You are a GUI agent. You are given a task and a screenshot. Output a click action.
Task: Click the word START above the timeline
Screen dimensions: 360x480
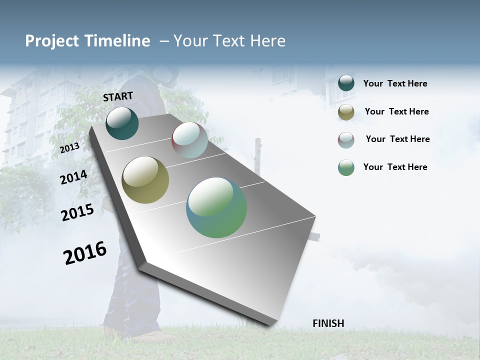click(118, 96)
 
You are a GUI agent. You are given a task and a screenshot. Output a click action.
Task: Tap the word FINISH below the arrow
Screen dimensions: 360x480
click(328, 323)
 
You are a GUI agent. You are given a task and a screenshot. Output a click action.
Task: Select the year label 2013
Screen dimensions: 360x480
click(70, 148)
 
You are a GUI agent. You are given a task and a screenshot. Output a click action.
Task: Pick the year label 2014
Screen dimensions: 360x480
click(73, 177)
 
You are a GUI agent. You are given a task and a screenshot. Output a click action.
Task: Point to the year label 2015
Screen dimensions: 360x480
click(77, 212)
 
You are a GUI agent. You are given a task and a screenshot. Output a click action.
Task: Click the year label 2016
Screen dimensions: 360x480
click(85, 253)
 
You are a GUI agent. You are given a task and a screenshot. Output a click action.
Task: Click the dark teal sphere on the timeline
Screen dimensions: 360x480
click(122, 123)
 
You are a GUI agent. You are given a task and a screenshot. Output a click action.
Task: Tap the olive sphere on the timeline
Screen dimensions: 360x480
click(145, 180)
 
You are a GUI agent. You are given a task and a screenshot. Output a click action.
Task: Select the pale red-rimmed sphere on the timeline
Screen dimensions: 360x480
click(189, 140)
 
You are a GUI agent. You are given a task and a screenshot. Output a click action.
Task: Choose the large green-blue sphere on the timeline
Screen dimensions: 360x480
click(216, 207)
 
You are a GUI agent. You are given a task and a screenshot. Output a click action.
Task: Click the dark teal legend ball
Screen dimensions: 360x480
click(346, 83)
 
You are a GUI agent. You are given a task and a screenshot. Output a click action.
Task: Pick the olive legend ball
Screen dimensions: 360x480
click(346, 112)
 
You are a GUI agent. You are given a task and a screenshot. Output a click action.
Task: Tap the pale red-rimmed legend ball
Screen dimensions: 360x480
click(346, 140)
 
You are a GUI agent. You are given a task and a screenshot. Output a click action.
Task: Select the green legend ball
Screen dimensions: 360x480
click(346, 167)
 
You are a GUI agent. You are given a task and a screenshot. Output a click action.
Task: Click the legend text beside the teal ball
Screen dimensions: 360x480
click(395, 84)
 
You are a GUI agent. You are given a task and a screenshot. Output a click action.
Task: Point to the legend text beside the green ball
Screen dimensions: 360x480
click(395, 167)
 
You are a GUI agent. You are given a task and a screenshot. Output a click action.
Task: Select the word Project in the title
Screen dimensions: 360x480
click(52, 41)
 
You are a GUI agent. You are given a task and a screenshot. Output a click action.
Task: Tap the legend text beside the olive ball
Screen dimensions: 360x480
click(396, 111)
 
